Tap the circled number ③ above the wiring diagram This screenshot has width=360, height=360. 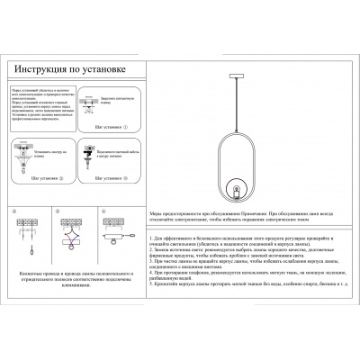pos(57,212)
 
